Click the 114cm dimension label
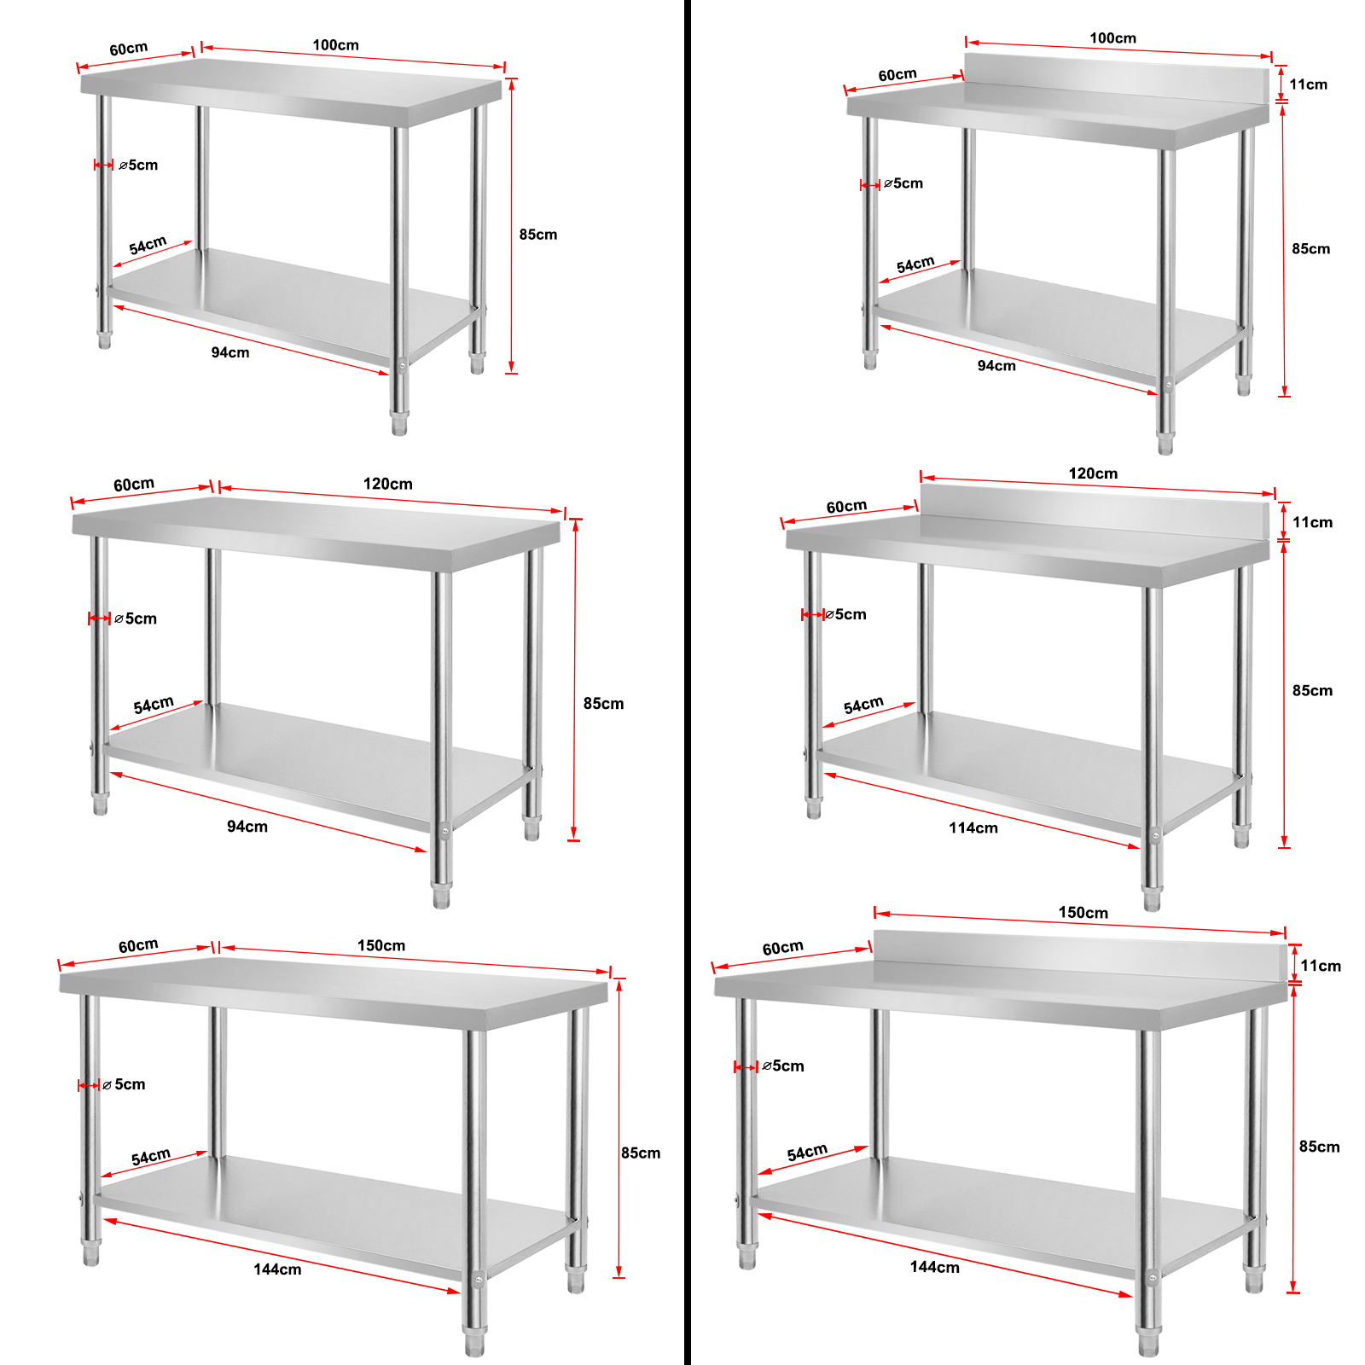[973, 828]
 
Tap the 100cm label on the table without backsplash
[335, 45]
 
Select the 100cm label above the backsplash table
[1112, 38]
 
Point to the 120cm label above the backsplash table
[1093, 473]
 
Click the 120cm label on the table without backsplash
[387, 484]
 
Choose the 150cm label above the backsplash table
[1083, 913]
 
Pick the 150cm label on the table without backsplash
[381, 945]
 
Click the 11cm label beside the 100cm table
[1308, 84]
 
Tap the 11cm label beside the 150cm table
[1321, 966]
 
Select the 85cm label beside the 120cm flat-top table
[603, 704]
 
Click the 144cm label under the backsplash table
[934, 1268]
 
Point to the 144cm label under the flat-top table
[277, 1269]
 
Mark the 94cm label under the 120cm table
[247, 827]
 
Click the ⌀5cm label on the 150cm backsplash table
[783, 1066]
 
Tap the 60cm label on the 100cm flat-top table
[128, 49]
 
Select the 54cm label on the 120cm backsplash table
[863, 706]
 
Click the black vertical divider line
[687, 682]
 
